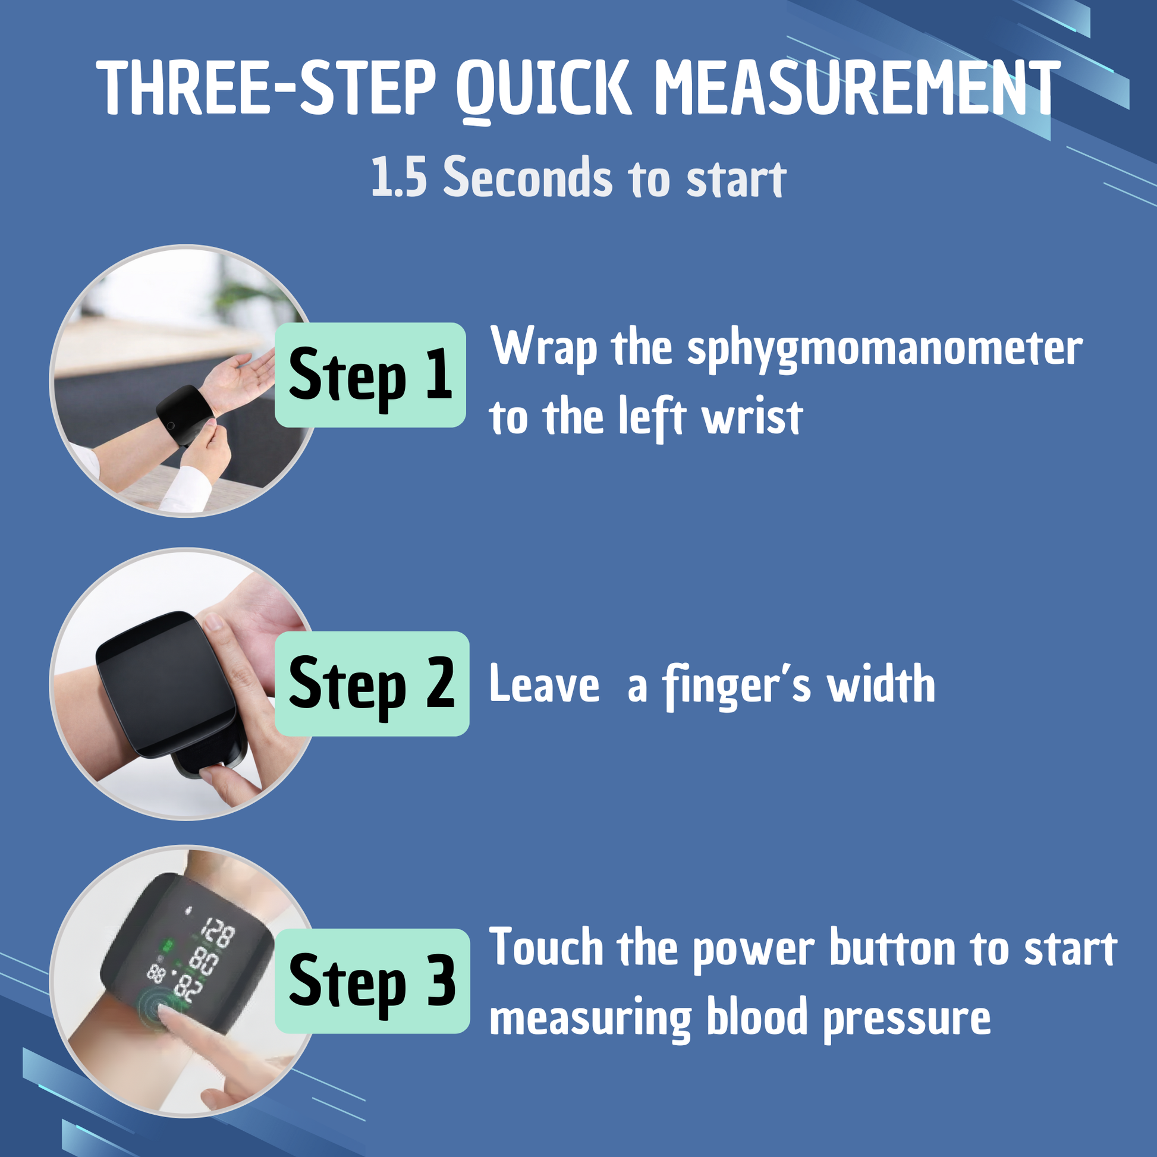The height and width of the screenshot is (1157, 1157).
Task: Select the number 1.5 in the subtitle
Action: point(399,177)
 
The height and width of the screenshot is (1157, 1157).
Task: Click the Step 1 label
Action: point(370,375)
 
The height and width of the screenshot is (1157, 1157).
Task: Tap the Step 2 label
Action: point(372,684)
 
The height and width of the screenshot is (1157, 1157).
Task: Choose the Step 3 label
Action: point(373,981)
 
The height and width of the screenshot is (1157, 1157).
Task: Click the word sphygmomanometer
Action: point(885,350)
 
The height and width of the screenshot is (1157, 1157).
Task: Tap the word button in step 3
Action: point(892,949)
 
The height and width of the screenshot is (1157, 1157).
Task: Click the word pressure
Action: point(907,1020)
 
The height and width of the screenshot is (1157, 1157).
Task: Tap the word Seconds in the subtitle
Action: point(527,177)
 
